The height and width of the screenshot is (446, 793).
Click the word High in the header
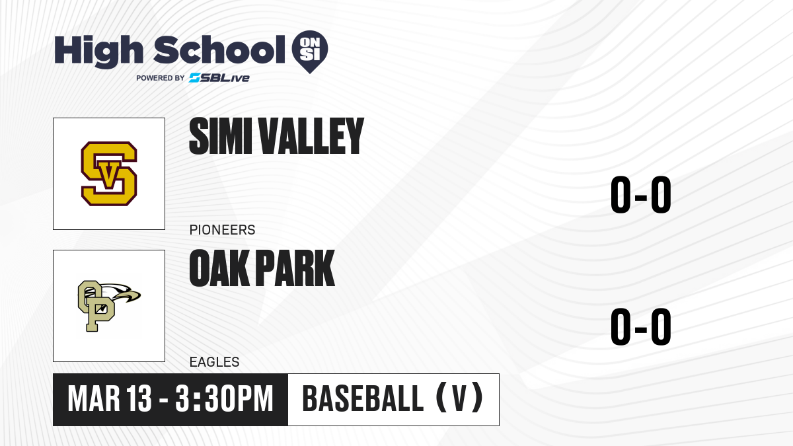(x=99, y=52)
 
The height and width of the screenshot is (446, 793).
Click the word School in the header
(x=219, y=50)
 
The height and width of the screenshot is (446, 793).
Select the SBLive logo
(x=219, y=78)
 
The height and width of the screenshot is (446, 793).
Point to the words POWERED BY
(x=161, y=78)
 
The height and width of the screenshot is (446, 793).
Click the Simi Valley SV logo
(x=109, y=173)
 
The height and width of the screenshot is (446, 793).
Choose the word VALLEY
(x=311, y=136)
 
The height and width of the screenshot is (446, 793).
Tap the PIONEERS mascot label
(x=222, y=230)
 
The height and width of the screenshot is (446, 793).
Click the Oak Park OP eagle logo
(x=109, y=306)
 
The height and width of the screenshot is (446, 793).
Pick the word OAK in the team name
(x=219, y=268)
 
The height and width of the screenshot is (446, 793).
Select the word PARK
(x=295, y=268)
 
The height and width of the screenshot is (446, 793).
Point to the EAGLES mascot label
(x=215, y=362)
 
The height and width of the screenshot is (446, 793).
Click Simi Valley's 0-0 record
(x=641, y=195)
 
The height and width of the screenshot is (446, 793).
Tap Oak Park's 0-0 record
(x=641, y=326)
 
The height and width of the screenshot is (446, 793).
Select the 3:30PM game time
(x=224, y=399)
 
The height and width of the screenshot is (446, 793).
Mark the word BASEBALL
(x=363, y=398)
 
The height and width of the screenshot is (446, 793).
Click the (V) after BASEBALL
(x=459, y=398)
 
